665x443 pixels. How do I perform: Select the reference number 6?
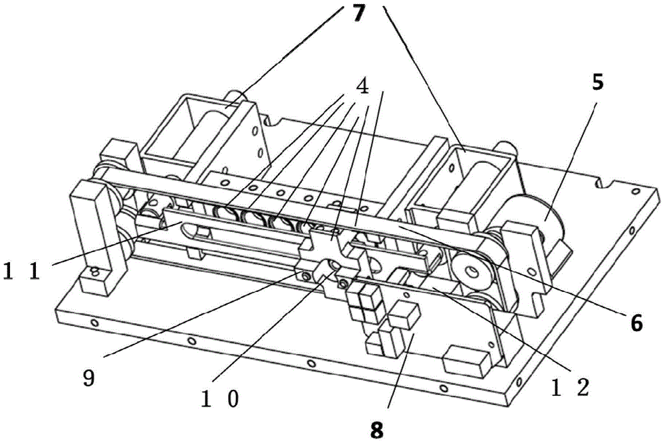pyautogui.click(x=636, y=323)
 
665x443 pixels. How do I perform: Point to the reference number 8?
pyautogui.click(x=377, y=430)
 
